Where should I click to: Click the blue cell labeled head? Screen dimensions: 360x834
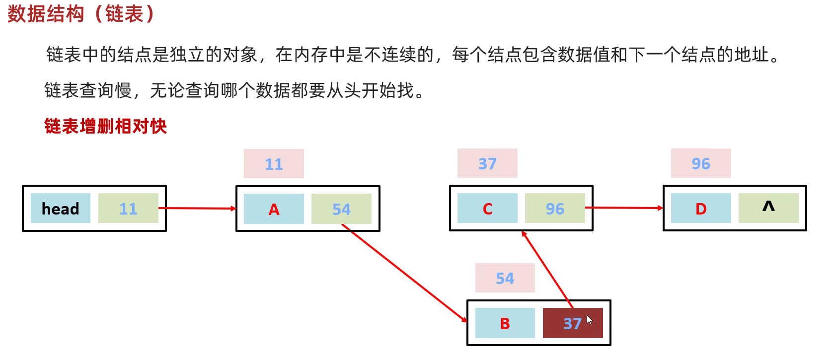pyautogui.click(x=61, y=209)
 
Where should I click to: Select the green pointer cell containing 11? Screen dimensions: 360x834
pyautogui.click(x=128, y=209)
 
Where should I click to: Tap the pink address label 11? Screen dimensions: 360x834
pyautogui.click(x=274, y=164)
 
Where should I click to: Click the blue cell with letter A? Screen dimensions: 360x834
pyautogui.click(x=274, y=209)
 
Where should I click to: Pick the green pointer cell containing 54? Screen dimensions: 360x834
pyautogui.click(x=341, y=209)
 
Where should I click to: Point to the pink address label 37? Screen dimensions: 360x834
pyautogui.click(x=487, y=163)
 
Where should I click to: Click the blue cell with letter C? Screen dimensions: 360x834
pyautogui.click(x=487, y=209)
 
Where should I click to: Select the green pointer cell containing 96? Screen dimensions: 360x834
pyautogui.click(x=555, y=209)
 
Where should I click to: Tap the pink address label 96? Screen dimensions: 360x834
pyautogui.click(x=701, y=163)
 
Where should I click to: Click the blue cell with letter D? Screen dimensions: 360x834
pyautogui.click(x=701, y=209)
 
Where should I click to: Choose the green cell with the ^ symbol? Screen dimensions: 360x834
pyautogui.click(x=768, y=208)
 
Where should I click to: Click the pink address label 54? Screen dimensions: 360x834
pyautogui.click(x=505, y=278)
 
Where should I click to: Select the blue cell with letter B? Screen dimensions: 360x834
pyautogui.click(x=505, y=323)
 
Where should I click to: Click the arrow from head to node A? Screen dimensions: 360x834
pyautogui.click(x=199, y=209)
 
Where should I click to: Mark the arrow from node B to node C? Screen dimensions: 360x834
pyautogui.click(x=546, y=269)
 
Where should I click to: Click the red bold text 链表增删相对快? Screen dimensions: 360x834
pyautogui.click(x=105, y=126)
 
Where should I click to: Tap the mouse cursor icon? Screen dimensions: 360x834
pyautogui.click(x=589, y=319)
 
